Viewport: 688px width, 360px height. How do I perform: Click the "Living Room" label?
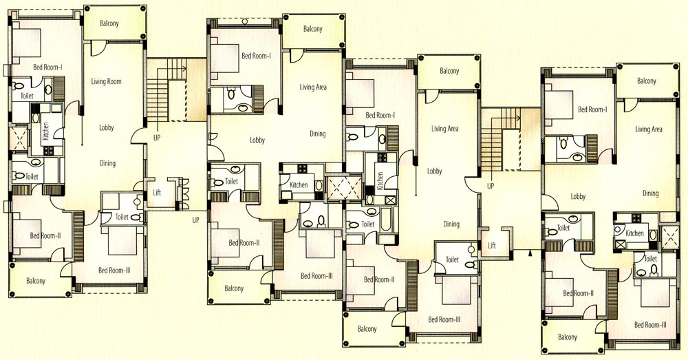tap(106, 81)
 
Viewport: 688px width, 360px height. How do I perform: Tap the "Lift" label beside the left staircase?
tap(157, 192)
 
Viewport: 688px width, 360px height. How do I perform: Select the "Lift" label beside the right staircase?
tap(492, 246)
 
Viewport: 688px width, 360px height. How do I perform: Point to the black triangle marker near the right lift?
tap(530, 253)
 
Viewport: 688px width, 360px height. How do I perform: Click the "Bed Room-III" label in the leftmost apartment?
tap(114, 271)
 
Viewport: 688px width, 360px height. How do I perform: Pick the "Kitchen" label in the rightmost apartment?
tap(634, 233)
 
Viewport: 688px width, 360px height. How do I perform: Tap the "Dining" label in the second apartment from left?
tap(318, 134)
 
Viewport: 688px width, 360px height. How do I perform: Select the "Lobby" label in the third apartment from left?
tap(434, 171)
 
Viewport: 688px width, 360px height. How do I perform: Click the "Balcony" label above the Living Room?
tap(109, 23)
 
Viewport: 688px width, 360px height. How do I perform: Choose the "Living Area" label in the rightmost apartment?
tap(649, 129)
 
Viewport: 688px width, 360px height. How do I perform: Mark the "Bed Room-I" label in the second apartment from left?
tap(256, 56)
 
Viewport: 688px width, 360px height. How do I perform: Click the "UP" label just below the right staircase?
tap(491, 186)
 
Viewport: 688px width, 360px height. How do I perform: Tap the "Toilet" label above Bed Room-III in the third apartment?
tap(452, 260)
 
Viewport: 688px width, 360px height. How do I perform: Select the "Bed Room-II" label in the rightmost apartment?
tap(579, 293)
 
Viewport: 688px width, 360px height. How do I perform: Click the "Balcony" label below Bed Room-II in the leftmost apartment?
tap(36, 281)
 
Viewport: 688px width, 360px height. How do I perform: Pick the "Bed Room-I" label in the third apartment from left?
tap(380, 115)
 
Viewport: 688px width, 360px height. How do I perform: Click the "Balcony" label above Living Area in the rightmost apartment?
tap(646, 81)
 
